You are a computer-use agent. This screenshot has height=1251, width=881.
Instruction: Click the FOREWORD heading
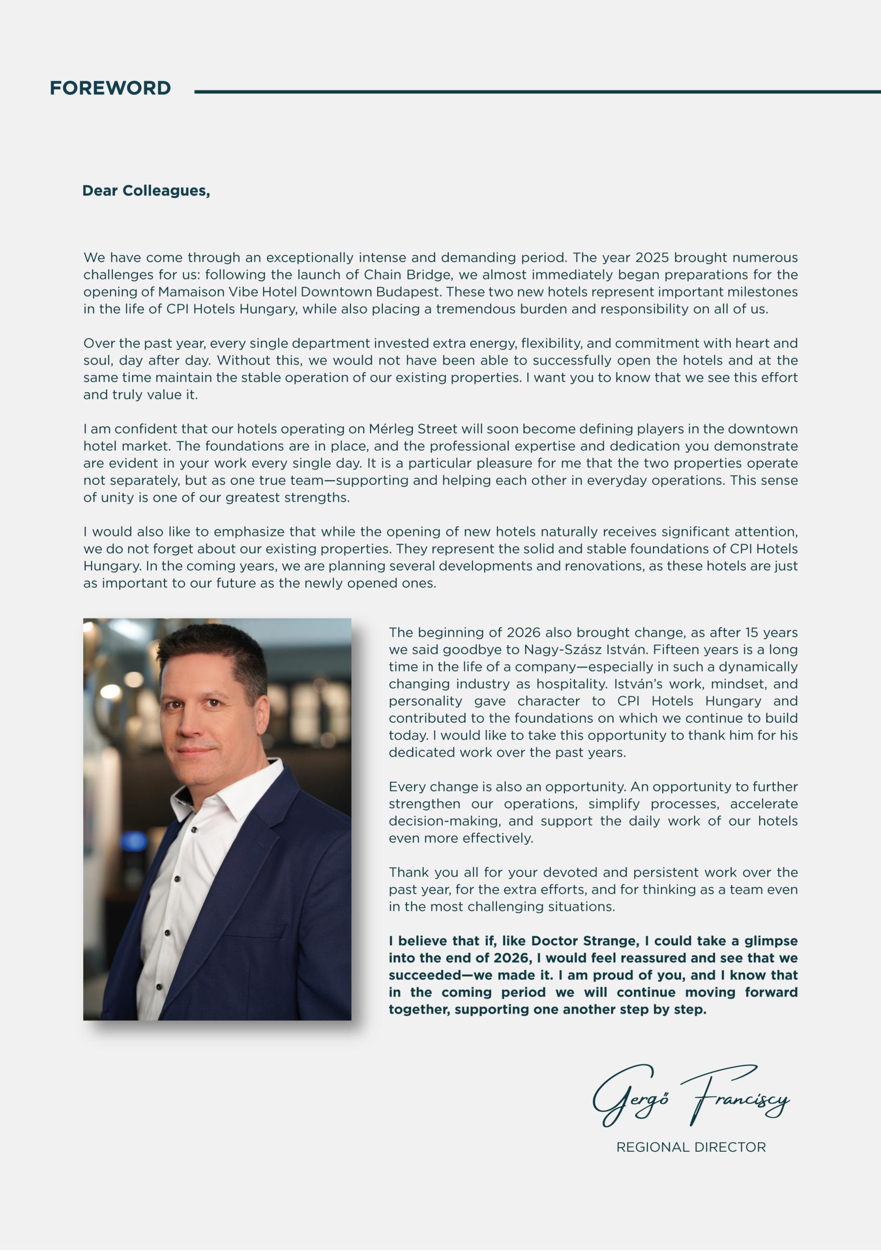click(110, 88)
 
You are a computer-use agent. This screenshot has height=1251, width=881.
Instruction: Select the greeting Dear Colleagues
click(146, 191)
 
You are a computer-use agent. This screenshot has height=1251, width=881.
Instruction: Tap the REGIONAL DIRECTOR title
click(691, 1147)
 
